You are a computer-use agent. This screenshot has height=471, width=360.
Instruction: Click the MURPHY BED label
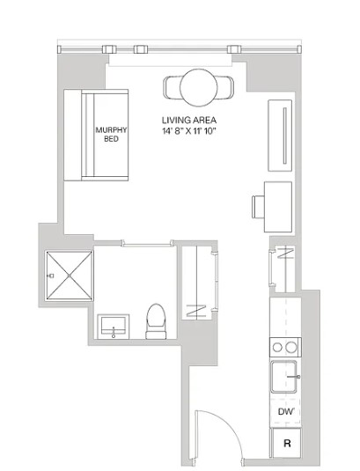(x=112, y=136)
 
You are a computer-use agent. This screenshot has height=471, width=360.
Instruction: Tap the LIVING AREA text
(x=189, y=120)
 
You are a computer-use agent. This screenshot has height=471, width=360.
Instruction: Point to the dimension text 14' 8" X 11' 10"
(x=189, y=131)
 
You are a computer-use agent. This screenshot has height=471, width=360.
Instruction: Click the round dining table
(x=199, y=87)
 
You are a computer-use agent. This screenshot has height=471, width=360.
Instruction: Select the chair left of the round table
(x=173, y=87)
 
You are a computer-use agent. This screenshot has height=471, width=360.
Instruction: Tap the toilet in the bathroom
(x=156, y=321)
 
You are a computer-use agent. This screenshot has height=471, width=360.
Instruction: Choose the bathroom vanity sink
(x=113, y=327)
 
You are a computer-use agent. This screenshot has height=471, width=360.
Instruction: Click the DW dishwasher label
(x=284, y=412)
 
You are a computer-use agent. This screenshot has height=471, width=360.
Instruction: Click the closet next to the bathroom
(x=198, y=282)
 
